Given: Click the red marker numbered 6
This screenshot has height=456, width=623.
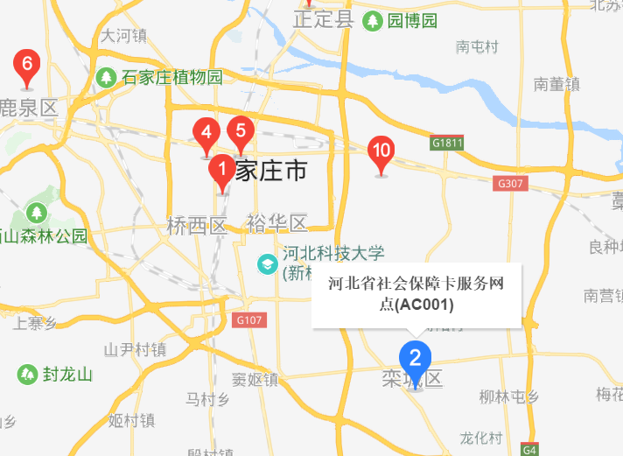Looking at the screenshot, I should click(x=27, y=65).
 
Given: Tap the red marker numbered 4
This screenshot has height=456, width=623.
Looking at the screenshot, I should click(x=206, y=133).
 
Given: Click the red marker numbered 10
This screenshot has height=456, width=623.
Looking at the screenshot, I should click(x=381, y=150).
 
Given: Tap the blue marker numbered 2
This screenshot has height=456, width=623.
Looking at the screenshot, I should click(x=416, y=358).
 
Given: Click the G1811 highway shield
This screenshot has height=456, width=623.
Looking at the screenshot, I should click(x=446, y=142).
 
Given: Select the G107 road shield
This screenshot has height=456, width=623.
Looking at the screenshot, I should click(x=249, y=320).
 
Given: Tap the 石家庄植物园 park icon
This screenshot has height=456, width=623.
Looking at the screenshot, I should click(x=106, y=77).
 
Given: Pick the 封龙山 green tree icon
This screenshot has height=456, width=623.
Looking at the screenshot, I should click(x=27, y=375).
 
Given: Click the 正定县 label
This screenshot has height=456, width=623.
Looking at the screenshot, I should click(x=323, y=19).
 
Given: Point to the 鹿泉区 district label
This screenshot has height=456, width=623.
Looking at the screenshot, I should click(x=28, y=108).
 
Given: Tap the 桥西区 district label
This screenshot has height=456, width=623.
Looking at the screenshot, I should click(x=196, y=226).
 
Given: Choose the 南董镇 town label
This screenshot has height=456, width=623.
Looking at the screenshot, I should click(x=557, y=85).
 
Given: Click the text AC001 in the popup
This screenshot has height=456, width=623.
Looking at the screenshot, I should click(x=423, y=305).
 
